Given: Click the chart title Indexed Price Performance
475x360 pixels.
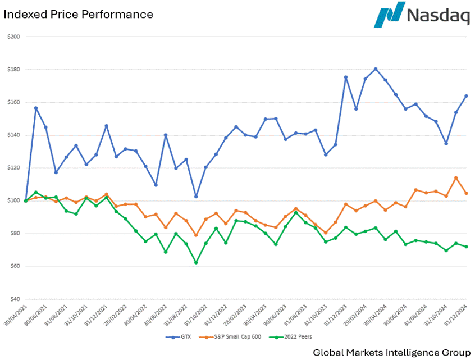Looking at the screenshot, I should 78,15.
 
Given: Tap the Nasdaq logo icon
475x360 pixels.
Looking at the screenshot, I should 389,15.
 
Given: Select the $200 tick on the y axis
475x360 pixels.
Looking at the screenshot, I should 13,37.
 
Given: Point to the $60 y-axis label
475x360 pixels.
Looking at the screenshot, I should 13,266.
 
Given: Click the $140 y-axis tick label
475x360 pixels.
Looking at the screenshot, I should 13,135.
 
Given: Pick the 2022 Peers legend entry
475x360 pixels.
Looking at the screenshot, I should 291,337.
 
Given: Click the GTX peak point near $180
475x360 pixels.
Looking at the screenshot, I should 376,69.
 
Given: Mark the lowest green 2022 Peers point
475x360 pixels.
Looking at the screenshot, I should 196,263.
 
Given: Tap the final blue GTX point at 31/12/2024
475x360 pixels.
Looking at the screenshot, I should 466,96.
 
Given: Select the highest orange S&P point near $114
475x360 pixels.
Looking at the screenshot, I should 456,178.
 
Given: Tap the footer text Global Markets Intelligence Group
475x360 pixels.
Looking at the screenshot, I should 391,352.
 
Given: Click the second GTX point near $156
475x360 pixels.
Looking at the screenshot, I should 36,108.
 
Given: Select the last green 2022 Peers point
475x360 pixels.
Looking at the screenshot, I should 466,247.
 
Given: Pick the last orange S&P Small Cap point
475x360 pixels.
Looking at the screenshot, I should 466,193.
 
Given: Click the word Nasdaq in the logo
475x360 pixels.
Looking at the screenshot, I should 438,16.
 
